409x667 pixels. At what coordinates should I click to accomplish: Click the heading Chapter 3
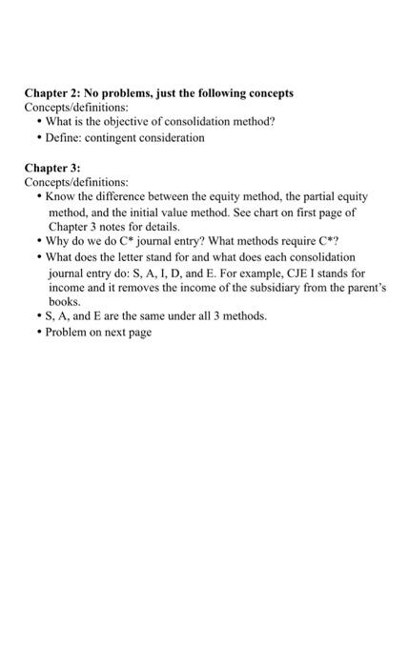(x=53, y=167)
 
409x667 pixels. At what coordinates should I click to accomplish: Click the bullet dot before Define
(x=38, y=138)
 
